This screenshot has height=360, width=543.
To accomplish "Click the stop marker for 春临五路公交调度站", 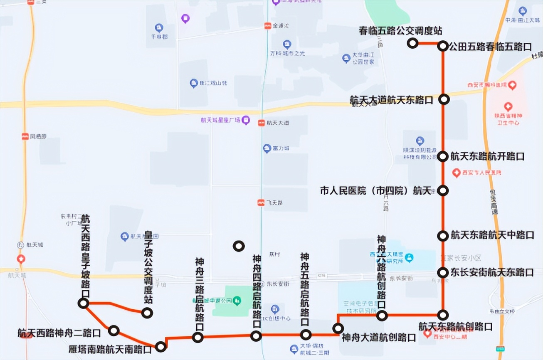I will click(x=412, y=43).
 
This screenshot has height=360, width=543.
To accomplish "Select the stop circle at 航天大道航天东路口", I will click(x=444, y=99).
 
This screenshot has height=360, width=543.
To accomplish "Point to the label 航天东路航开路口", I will click(x=487, y=156).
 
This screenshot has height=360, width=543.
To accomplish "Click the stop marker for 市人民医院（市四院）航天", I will click(x=444, y=190).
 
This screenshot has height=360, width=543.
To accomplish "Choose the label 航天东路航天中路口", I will click(x=492, y=235).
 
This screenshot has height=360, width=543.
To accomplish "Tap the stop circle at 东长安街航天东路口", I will click(x=443, y=272).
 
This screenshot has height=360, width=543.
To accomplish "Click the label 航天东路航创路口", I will click(x=455, y=326).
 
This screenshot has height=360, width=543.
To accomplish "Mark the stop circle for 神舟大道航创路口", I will click(x=338, y=329).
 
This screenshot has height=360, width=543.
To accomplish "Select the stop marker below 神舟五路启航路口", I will click(x=306, y=334).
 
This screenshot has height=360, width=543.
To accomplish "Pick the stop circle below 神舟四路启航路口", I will click(x=256, y=335).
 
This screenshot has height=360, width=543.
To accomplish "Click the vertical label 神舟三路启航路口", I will click(x=199, y=293).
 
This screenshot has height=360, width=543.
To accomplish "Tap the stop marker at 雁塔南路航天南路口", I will click(x=161, y=346).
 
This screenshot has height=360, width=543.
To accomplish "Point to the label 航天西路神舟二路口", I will click(x=59, y=333).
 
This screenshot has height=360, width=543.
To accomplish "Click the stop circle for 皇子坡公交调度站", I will click(x=147, y=313).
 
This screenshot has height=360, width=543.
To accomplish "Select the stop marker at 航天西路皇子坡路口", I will click(x=83, y=303).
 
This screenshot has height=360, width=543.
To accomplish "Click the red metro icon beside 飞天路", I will click(x=261, y=202).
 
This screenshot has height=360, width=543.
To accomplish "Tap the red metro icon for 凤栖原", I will click(x=26, y=136).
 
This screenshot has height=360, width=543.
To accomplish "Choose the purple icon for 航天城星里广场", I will click(x=246, y=121).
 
